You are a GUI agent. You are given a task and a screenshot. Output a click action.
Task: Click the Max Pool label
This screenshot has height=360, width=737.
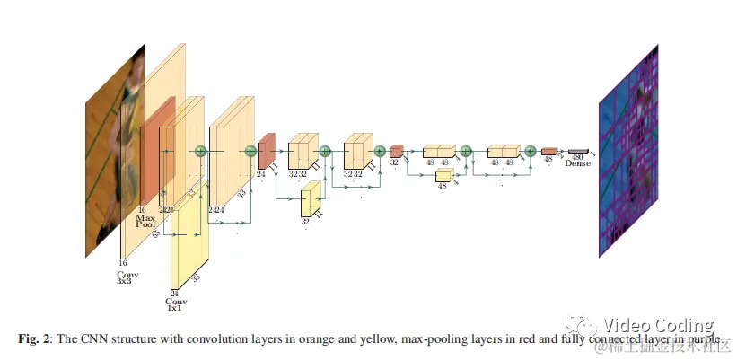click(145, 221)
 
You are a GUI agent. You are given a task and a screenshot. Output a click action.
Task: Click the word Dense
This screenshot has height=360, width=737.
click(577, 163)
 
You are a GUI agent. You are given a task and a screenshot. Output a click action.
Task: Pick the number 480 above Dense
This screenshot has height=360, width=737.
click(577, 156)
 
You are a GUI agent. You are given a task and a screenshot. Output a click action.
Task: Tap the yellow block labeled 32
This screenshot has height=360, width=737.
click(309, 200)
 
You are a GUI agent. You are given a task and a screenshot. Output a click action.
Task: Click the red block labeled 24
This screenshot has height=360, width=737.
click(266, 152)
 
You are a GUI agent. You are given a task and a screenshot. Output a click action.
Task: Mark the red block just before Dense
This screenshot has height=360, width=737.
click(549, 152)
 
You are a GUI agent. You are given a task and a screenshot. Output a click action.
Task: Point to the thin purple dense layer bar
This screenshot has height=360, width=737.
click(578, 150)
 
